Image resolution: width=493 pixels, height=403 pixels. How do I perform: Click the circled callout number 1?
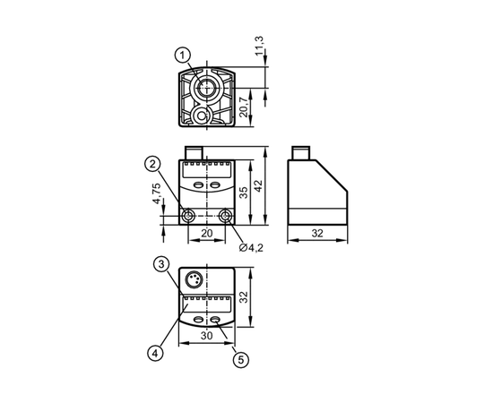(x=183, y=56)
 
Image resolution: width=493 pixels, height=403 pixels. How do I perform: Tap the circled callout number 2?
(x=152, y=164)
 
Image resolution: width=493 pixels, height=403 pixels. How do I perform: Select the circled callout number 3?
(x=161, y=264)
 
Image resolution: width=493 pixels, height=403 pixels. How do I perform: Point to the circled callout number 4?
(x=155, y=354)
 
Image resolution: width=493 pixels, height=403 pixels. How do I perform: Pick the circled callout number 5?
(x=241, y=360)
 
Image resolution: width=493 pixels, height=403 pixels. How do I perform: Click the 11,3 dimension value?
(x=259, y=46)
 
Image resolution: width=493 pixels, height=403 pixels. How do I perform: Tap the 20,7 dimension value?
(x=244, y=107)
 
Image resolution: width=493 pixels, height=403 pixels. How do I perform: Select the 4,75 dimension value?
(x=157, y=193)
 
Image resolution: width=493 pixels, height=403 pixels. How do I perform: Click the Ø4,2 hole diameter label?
(x=251, y=248)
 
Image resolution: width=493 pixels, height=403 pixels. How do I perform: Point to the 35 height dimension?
(x=244, y=193)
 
